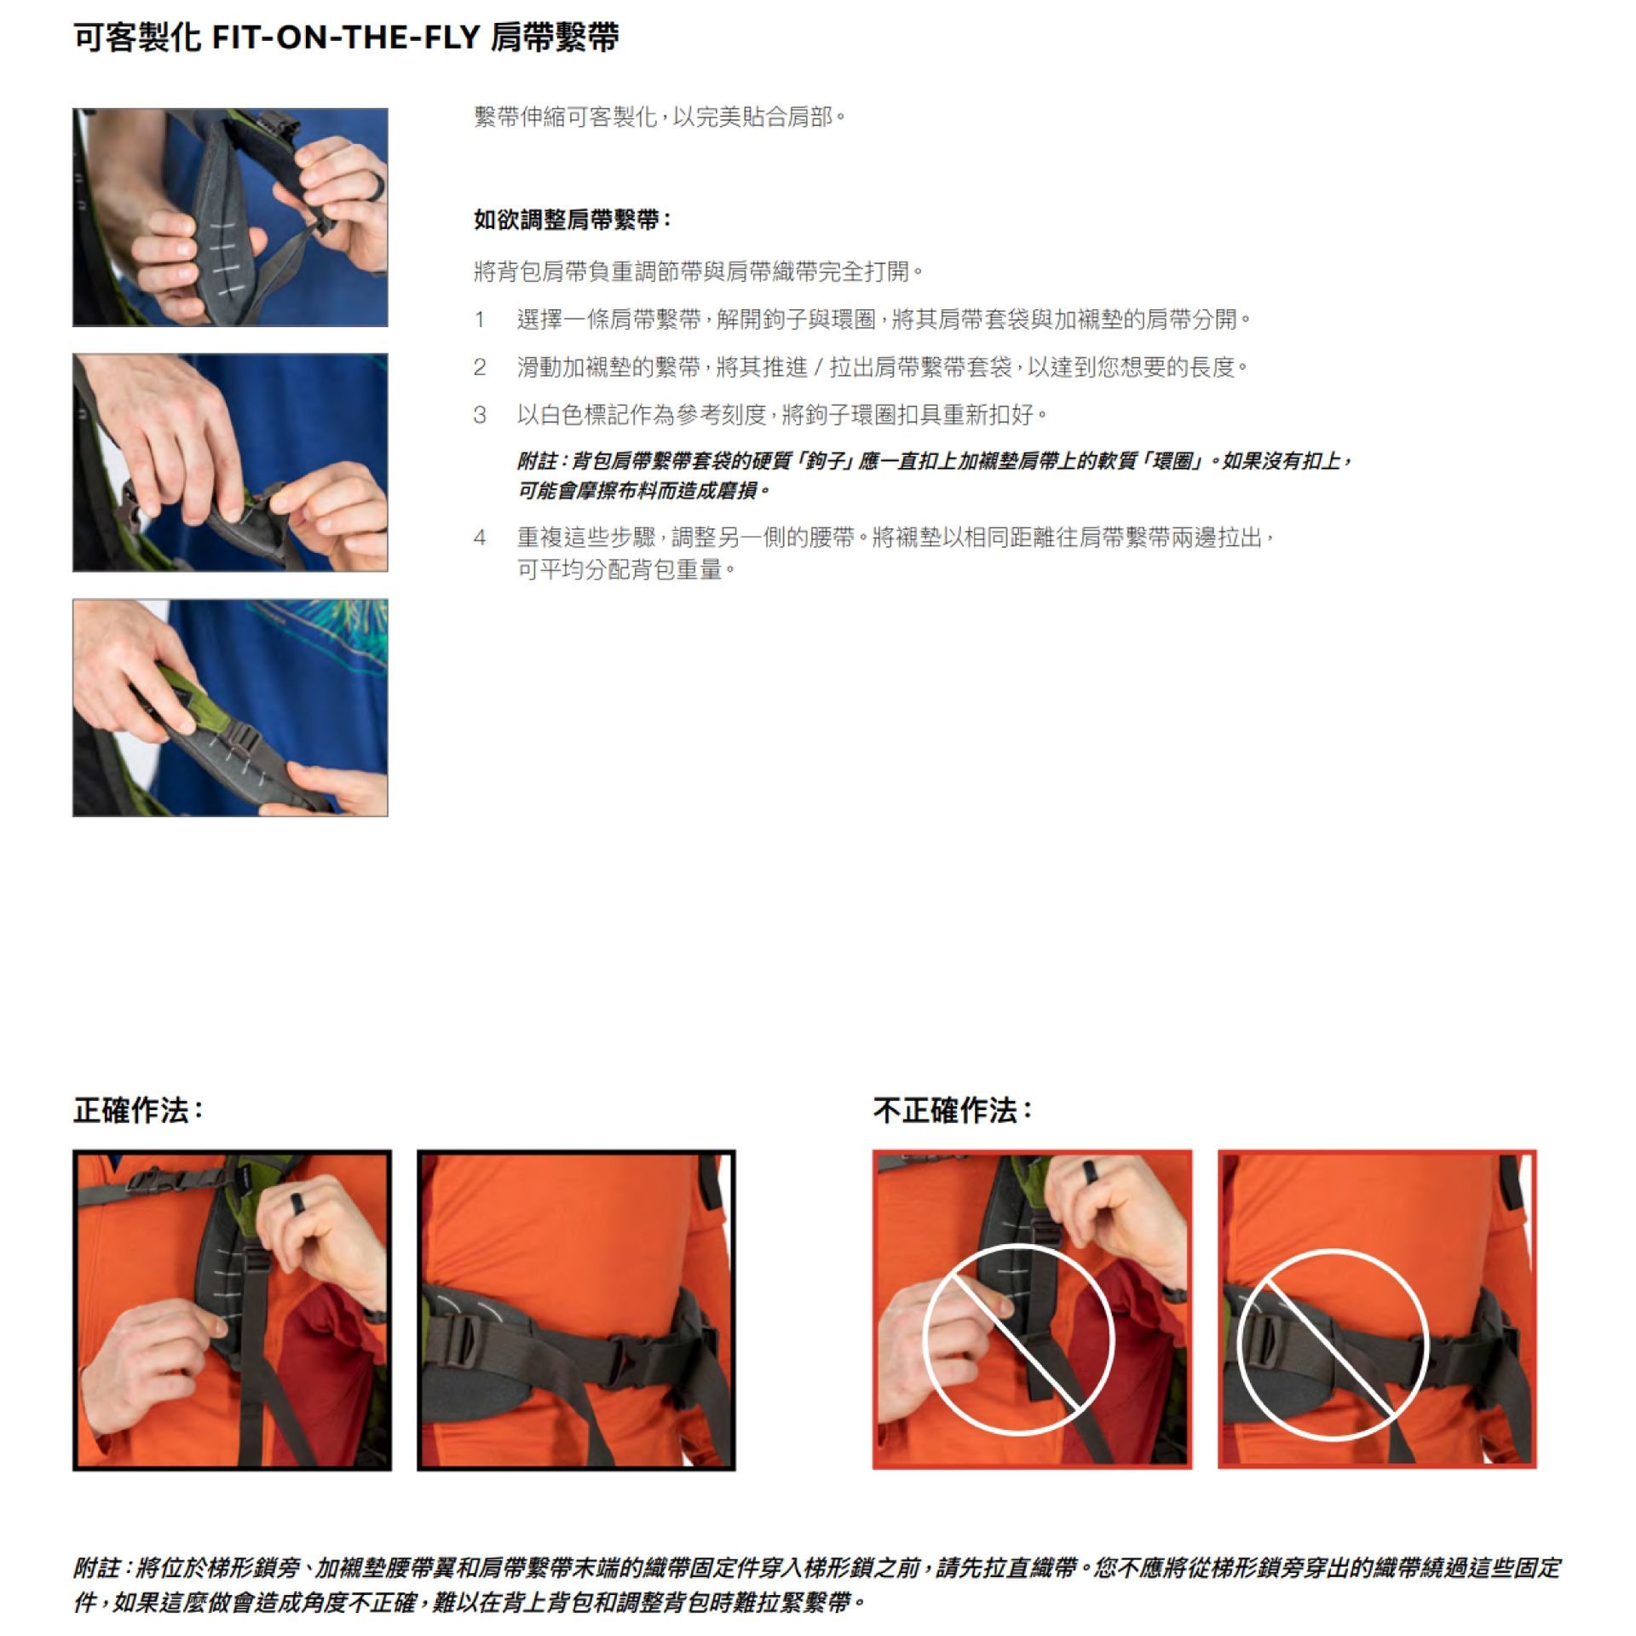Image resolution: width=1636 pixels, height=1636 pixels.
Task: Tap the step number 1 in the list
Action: click(480, 320)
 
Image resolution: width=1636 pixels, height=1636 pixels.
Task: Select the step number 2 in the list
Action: click(480, 368)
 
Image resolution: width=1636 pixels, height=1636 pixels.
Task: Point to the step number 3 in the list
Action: click(480, 416)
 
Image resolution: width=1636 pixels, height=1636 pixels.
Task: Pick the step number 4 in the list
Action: click(480, 539)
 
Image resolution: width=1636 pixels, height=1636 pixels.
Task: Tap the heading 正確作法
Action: click(139, 1111)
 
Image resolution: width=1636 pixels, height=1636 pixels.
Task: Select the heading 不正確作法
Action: click(953, 1111)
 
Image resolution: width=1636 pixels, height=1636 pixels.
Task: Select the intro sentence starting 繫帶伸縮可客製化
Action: click(660, 117)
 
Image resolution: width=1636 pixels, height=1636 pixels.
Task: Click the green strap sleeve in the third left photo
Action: click(189, 703)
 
